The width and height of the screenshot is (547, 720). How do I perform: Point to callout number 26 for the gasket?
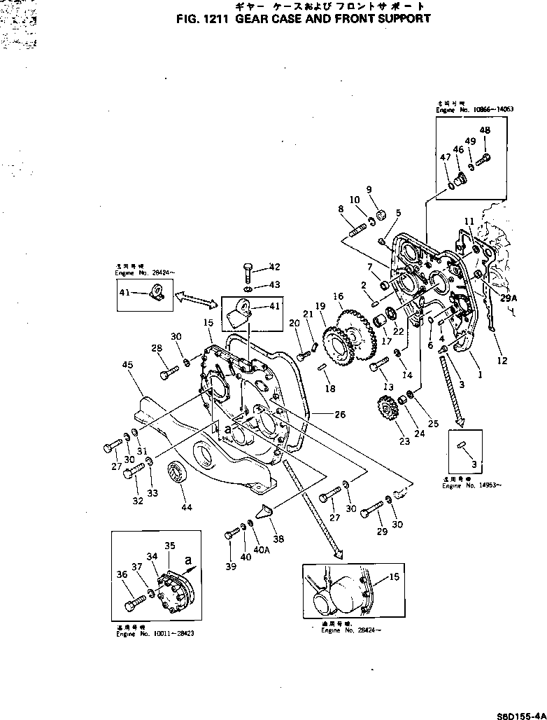(340, 415)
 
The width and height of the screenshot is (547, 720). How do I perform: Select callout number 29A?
(509, 298)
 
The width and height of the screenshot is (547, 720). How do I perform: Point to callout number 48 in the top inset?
(484, 130)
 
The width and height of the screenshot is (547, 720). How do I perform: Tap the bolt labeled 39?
(232, 536)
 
